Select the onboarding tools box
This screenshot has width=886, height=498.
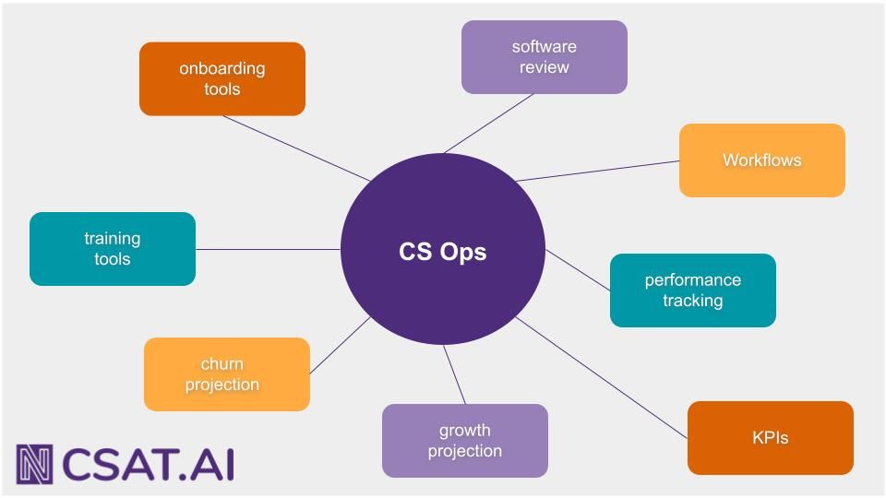[x=221, y=78]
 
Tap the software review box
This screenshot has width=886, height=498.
[x=544, y=57]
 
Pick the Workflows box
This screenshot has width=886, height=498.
[x=761, y=160]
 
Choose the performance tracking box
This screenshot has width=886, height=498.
[x=692, y=290]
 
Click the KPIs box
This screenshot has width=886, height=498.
[x=770, y=437]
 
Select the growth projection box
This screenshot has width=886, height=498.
[x=464, y=440]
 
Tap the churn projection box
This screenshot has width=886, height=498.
[x=226, y=373]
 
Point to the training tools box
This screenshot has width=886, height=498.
[x=112, y=248]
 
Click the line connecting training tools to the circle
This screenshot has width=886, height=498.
[x=268, y=249]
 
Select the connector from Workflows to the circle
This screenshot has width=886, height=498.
[x=598, y=171]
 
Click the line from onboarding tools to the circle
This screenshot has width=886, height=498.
[x=295, y=148]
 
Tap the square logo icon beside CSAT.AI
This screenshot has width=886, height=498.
[x=34, y=464]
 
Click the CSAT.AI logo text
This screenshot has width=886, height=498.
[x=148, y=464]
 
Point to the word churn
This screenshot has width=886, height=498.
[x=221, y=363]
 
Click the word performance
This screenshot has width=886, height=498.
[x=692, y=279]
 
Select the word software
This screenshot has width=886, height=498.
[x=544, y=46]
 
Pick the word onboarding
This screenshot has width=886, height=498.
[x=221, y=68]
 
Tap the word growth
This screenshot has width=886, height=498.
[x=464, y=430]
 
